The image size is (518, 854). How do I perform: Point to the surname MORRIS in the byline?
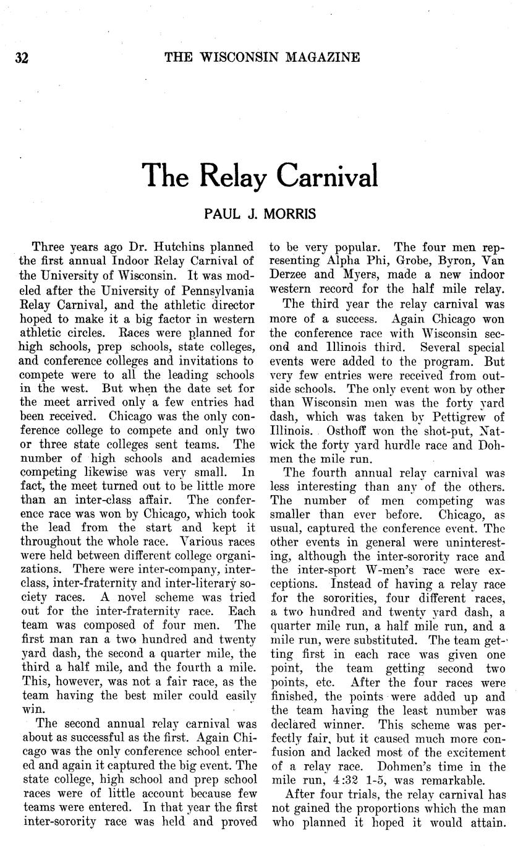(x=290, y=215)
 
